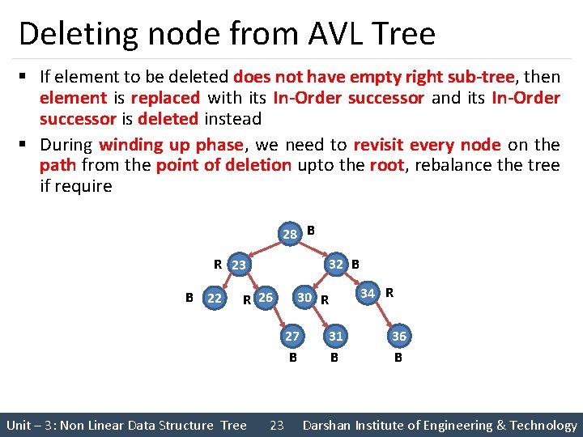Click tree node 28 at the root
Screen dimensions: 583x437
(x=290, y=235)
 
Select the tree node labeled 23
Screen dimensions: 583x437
(x=239, y=265)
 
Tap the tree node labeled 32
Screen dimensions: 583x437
(x=336, y=263)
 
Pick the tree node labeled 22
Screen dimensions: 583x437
(x=215, y=299)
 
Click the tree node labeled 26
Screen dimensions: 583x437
(x=266, y=299)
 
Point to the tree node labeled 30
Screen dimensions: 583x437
(x=304, y=298)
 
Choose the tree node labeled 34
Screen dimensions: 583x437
(x=368, y=292)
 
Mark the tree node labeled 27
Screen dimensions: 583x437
(x=293, y=336)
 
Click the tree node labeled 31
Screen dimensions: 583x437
(x=335, y=336)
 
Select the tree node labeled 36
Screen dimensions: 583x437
(x=398, y=336)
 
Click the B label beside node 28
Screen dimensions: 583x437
(x=311, y=230)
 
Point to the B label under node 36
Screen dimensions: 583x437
(x=398, y=355)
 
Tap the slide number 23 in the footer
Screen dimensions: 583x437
(x=276, y=425)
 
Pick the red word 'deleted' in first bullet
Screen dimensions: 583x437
(x=168, y=119)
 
